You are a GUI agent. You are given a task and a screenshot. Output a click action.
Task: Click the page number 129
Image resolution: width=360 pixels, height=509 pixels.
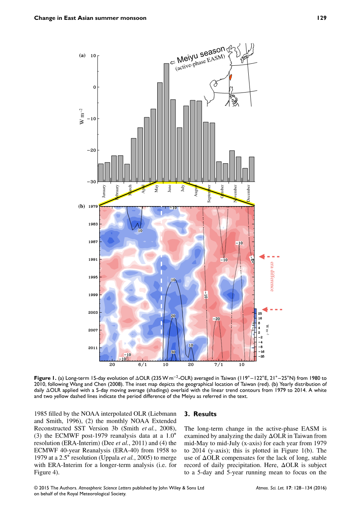321,18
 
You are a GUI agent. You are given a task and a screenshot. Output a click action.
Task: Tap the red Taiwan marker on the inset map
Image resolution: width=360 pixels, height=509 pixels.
230,77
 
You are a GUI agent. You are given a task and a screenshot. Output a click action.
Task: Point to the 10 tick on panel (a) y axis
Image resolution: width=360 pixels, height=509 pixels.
93,56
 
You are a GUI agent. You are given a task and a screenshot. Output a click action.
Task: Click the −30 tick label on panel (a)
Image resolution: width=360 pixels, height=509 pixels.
91,182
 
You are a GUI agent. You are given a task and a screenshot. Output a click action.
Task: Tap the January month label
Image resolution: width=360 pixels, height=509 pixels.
104,191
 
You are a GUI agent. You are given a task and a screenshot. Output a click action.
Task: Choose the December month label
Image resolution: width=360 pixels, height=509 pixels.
248,193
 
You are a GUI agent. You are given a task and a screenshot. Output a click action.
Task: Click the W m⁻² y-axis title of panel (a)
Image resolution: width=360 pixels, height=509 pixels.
82,116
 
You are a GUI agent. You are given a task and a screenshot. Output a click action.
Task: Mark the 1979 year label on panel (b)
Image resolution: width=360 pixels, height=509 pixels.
93,206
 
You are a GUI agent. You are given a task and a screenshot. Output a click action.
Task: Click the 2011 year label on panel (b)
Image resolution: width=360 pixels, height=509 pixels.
93,348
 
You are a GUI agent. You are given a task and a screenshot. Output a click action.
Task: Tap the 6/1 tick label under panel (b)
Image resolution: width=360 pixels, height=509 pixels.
142,365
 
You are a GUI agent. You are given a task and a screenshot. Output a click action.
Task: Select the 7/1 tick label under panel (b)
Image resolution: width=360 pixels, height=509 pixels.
219,365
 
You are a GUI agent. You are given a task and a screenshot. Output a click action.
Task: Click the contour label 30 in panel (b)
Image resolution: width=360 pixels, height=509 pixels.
173,352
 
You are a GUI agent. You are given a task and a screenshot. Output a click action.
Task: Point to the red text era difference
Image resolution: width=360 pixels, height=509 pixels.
272,276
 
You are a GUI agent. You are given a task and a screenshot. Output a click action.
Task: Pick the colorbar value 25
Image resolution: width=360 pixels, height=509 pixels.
260,314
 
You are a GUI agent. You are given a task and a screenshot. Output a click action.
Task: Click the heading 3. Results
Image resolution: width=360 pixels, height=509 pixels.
200,414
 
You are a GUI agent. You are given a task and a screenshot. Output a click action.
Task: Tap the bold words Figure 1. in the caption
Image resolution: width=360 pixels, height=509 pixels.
45,378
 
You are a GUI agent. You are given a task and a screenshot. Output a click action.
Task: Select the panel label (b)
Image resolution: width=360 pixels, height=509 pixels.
82,206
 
